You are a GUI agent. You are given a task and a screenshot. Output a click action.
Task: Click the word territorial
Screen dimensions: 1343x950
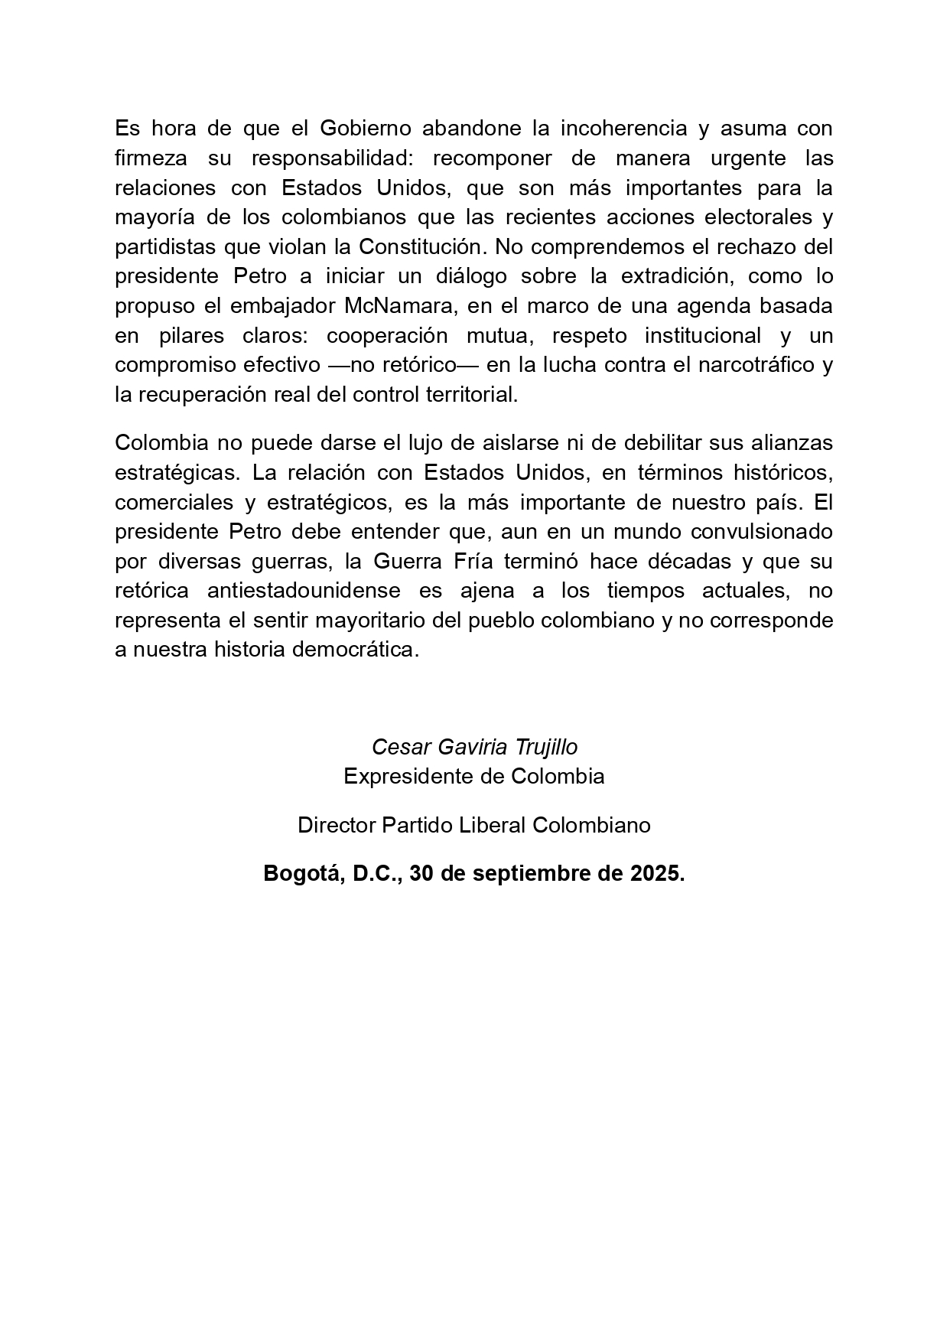[470, 394]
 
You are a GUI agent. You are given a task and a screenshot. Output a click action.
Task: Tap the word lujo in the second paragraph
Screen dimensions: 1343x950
[425, 442]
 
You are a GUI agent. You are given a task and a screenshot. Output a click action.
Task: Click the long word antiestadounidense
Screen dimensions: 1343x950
[303, 590]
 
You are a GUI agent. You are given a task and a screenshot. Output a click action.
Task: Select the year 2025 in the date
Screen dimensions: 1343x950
[657, 873]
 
